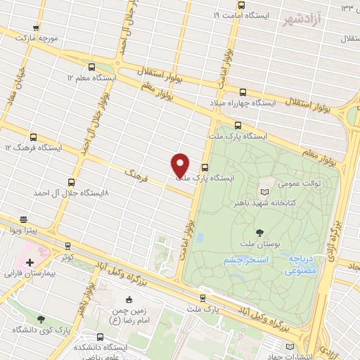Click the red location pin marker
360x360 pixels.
[180, 165]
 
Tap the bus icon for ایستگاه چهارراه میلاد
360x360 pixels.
[243, 92]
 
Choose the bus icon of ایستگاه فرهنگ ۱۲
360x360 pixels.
[33, 138]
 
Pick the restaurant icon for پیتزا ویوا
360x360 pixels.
[23, 219]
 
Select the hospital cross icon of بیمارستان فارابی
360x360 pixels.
[29, 262]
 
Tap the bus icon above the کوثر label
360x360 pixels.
[67, 246]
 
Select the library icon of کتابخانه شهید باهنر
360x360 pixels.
[264, 191]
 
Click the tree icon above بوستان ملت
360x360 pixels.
[260, 231]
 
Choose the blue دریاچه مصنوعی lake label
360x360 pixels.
[304, 264]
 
